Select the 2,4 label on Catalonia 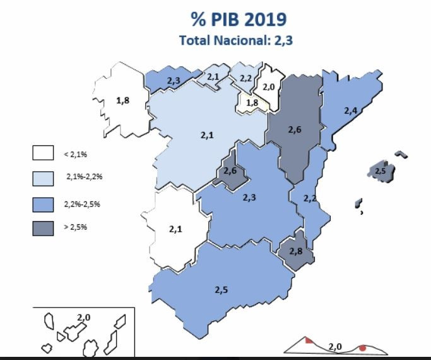coord(351,111)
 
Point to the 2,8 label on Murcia coord(296,251)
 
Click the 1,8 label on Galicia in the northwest coord(123,100)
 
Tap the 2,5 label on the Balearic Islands coord(380,171)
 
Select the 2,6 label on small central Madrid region coord(230,171)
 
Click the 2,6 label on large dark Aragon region coord(295,129)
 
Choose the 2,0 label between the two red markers coord(335,347)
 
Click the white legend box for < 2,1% coord(43,153)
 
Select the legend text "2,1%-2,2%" coord(84,177)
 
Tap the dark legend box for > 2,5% coord(43,227)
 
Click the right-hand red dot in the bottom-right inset coord(363,347)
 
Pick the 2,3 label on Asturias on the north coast coord(174,81)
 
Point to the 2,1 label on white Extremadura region coord(175,229)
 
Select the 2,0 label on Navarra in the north coord(269,87)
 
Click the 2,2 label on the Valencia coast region coord(310,198)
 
